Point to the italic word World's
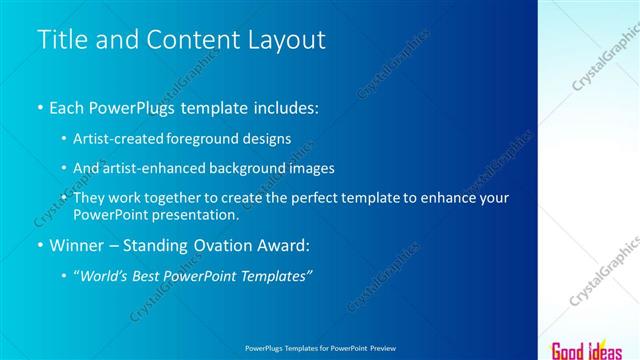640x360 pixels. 105,275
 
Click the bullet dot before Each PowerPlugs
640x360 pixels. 40,108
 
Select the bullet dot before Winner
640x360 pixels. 40,245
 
